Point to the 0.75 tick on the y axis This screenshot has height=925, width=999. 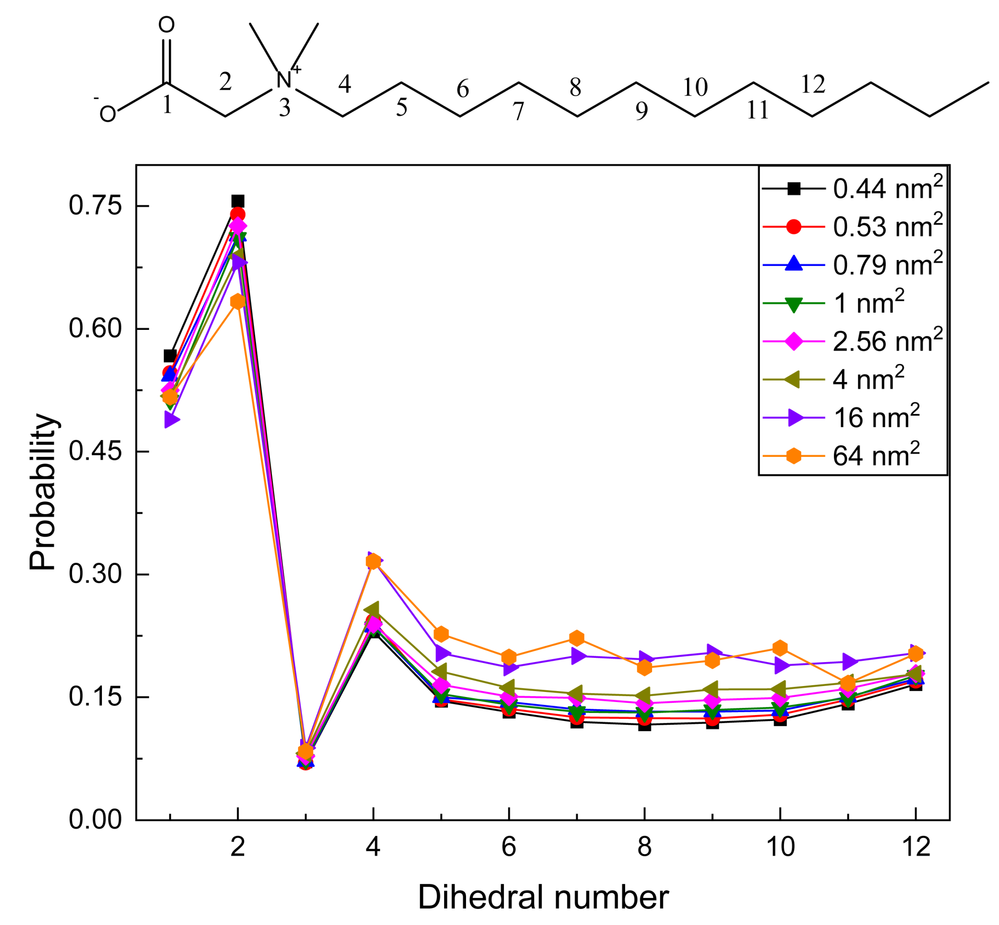point(95,206)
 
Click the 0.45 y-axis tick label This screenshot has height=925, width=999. point(95,451)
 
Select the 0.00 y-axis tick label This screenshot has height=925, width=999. point(95,819)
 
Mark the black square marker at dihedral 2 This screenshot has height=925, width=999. point(238,201)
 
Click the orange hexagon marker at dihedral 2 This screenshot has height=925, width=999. point(238,301)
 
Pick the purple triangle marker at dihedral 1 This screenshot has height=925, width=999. point(171,420)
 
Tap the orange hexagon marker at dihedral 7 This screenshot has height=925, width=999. point(577,638)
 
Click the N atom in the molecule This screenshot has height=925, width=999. point(283,80)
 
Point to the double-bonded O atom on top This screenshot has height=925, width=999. point(166,25)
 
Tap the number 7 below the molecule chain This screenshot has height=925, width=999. point(518,111)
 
